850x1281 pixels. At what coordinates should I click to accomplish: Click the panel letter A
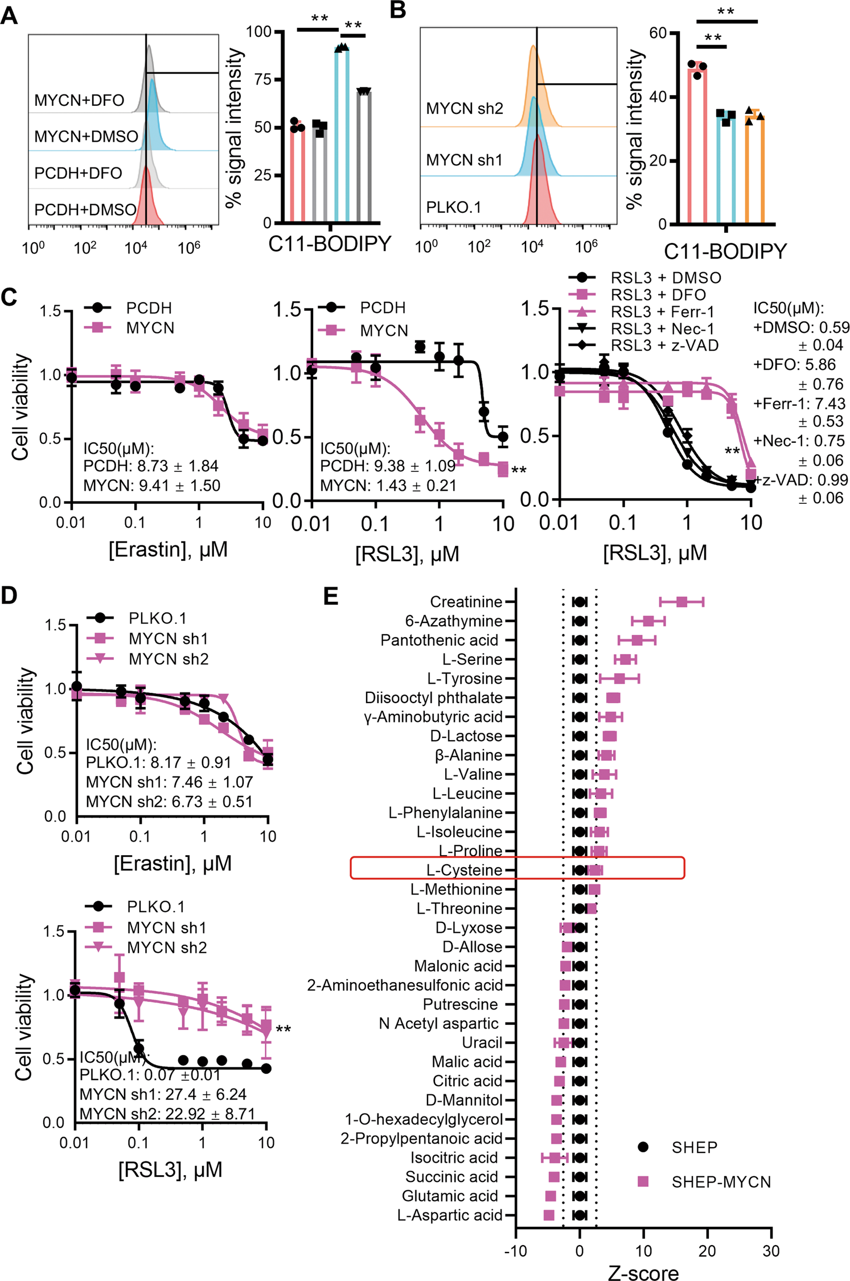[x=9, y=15]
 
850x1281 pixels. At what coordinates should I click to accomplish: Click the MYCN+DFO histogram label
[x=79, y=101]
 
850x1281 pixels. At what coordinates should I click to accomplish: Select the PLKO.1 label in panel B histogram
[x=454, y=207]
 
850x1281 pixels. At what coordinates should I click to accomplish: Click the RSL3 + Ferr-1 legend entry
[x=662, y=312]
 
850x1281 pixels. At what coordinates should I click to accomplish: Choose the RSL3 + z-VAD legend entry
[x=664, y=346]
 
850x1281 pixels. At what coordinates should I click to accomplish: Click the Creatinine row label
[x=466, y=602]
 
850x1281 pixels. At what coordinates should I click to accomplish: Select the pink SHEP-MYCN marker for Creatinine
[x=681, y=602]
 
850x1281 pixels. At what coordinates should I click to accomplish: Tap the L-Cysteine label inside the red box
[x=464, y=870]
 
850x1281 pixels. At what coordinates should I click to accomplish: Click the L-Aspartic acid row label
[x=449, y=1215]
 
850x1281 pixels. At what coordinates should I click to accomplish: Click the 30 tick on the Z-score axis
[x=770, y=1251]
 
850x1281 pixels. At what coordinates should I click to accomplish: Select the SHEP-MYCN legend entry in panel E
[x=720, y=1182]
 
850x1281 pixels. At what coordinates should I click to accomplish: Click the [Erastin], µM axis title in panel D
[x=173, y=863]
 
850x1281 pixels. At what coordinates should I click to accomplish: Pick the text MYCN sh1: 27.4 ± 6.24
[x=163, y=1094]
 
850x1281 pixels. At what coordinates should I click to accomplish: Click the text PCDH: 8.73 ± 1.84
[x=151, y=466]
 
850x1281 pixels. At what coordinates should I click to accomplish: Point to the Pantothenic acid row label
[x=439, y=640]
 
